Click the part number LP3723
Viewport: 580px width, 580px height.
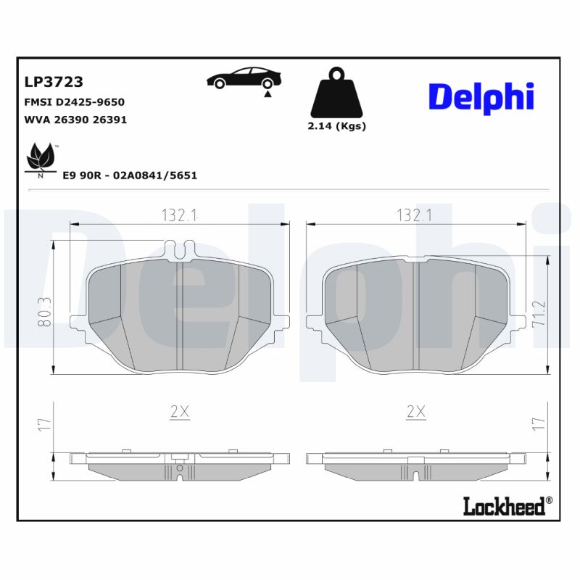(x=54, y=82)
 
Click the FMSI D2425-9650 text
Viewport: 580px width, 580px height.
(x=75, y=101)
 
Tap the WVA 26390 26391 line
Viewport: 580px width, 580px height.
(x=75, y=120)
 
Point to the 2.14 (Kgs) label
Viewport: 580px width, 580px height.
(x=337, y=125)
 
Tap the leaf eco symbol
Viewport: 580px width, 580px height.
(x=41, y=158)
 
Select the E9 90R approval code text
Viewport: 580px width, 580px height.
(x=130, y=175)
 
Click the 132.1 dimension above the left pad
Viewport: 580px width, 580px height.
(x=178, y=215)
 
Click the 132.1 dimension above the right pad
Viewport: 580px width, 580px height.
(x=415, y=215)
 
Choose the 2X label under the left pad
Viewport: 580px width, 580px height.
(x=179, y=412)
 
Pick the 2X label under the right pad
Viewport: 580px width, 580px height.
(x=415, y=412)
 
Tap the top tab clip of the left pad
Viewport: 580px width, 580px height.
(x=179, y=248)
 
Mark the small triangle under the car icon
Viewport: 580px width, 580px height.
(x=268, y=93)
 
